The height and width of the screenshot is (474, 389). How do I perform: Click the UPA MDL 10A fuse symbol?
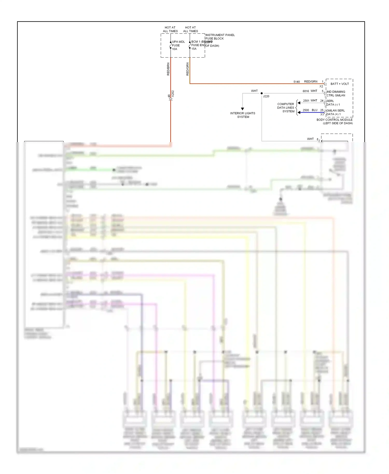tap(171, 45)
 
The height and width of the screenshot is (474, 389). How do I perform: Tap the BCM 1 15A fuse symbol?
tap(190, 45)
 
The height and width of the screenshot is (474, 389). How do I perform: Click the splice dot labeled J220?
tap(262, 93)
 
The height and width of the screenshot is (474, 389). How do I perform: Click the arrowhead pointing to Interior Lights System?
tap(242, 109)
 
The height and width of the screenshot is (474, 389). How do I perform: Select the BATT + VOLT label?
tap(339, 84)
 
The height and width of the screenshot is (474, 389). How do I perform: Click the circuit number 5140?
tap(296, 82)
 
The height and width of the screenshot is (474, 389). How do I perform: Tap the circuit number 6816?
tap(305, 91)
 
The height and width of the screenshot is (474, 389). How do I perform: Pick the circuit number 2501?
tap(306, 101)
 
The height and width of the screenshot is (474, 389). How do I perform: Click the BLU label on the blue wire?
tap(314, 110)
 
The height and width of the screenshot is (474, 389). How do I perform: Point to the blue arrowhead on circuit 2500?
tap(299, 113)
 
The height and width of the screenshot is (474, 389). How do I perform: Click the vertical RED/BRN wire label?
tap(168, 69)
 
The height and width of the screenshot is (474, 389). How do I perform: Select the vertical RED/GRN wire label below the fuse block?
tap(187, 69)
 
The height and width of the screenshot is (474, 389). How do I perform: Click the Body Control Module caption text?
tap(335, 121)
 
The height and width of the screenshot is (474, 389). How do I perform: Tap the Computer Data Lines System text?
tap(286, 108)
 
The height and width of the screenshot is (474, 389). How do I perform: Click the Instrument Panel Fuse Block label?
tap(220, 37)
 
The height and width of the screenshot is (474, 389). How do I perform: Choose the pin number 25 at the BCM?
tap(322, 110)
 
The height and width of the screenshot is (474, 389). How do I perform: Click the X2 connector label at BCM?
tap(321, 86)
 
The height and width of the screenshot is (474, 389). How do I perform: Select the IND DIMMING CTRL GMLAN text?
tap(336, 94)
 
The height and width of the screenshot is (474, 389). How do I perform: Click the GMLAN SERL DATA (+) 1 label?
tap(335, 112)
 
